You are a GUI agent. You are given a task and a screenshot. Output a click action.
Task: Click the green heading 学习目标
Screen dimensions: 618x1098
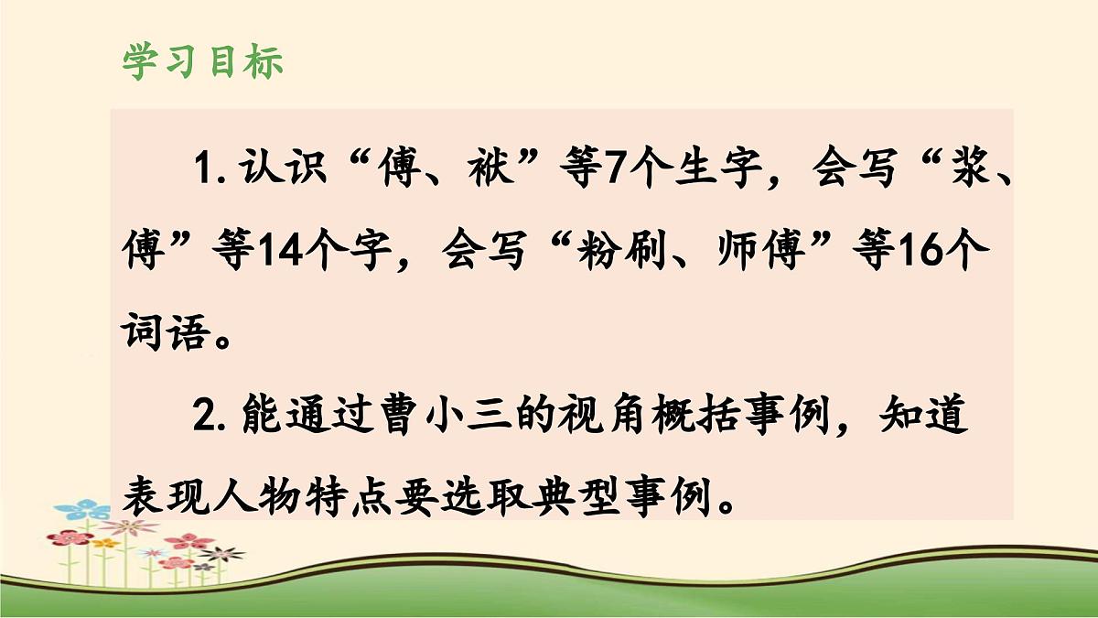coord(202,62)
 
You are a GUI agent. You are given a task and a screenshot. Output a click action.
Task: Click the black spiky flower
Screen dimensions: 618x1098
coord(221,553)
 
